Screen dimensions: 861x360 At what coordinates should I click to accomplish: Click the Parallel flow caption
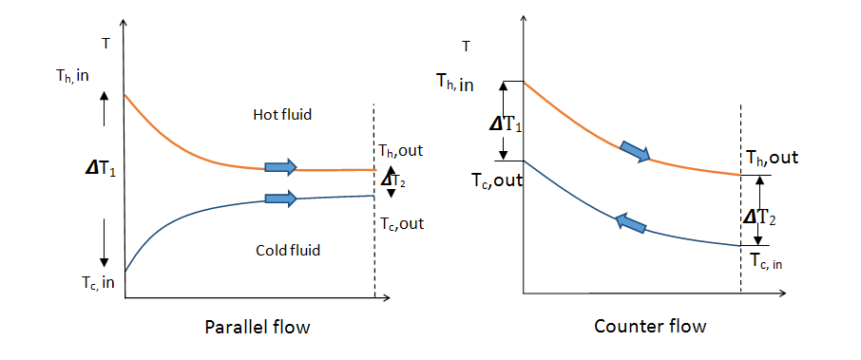(x=258, y=328)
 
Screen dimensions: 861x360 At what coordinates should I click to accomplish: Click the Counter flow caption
(x=650, y=327)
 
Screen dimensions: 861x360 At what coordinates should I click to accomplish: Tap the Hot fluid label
(x=282, y=115)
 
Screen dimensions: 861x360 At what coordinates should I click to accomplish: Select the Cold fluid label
(x=288, y=250)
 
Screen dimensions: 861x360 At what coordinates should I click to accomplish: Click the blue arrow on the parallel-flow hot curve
(x=280, y=167)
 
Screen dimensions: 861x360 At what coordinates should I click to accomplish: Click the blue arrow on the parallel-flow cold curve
(x=280, y=199)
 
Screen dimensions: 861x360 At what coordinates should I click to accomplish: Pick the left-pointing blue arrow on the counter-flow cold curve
(x=629, y=224)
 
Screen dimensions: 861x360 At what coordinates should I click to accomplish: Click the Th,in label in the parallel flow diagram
(x=71, y=76)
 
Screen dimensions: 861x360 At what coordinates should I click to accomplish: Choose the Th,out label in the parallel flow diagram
(x=400, y=151)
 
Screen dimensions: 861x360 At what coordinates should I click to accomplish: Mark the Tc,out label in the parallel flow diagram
(x=402, y=224)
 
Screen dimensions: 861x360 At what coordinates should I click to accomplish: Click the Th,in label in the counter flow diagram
(x=455, y=83)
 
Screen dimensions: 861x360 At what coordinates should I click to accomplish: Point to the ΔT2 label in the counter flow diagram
(x=759, y=218)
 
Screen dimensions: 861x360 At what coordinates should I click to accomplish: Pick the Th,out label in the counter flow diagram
(x=772, y=158)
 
